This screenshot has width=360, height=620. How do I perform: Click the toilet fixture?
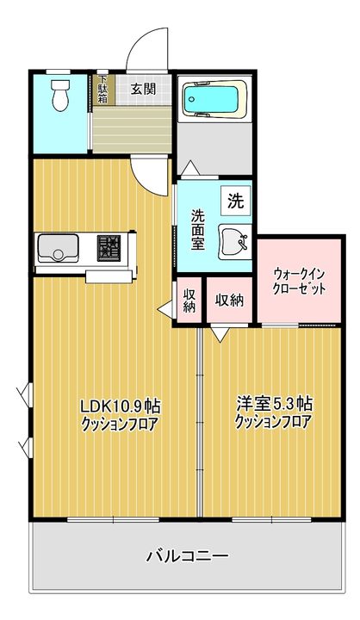60,96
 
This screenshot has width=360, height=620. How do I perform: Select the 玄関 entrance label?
143,89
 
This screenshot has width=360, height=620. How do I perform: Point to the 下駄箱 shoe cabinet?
103,90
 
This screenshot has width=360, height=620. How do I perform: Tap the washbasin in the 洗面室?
235,242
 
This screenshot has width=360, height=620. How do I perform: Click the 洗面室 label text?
198,229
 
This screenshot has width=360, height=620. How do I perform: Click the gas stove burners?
109,248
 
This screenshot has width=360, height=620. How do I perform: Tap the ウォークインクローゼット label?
300,281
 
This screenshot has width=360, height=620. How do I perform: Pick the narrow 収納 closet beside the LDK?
189,301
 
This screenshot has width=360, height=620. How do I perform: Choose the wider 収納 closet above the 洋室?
229,301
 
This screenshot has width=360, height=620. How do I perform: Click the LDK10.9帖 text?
120,406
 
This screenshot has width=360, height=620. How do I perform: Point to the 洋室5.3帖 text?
274,404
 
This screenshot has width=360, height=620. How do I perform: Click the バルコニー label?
188,556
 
